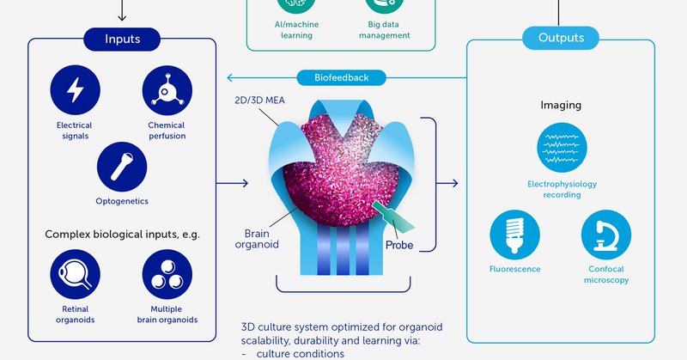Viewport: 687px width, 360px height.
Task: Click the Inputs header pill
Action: (123, 39)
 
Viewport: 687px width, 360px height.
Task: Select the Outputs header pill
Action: (561, 39)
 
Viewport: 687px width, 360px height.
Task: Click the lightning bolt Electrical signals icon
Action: (75, 90)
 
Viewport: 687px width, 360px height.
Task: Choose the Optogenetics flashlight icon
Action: (122, 166)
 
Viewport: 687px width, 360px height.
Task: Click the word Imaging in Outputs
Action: (561, 106)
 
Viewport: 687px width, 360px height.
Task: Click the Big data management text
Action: (383, 30)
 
